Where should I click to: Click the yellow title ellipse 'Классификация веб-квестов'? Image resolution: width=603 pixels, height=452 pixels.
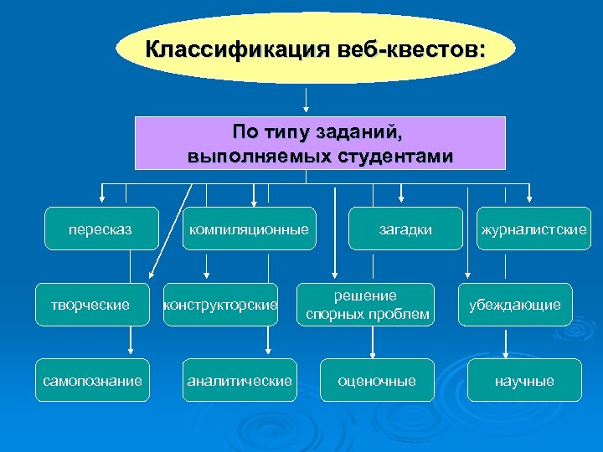[x=314, y=48]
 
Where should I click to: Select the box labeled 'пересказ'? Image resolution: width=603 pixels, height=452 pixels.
[x=102, y=229]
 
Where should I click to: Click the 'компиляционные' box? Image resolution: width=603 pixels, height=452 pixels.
[x=249, y=229]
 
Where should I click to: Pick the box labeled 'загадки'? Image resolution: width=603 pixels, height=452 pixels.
[x=405, y=229]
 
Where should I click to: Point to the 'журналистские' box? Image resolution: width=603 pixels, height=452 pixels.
[x=533, y=229]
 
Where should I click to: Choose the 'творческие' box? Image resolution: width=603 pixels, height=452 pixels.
[x=90, y=305]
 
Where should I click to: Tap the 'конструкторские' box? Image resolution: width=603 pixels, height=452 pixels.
[x=220, y=305]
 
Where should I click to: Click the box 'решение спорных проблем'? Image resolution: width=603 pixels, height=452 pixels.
[x=367, y=305]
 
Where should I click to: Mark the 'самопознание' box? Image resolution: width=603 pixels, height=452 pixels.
[x=92, y=381]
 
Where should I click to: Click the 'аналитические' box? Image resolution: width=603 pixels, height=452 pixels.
[x=240, y=381]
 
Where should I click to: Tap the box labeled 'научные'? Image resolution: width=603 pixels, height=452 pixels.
[x=524, y=381]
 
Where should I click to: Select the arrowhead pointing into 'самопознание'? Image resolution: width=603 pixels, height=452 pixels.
[x=131, y=353]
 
